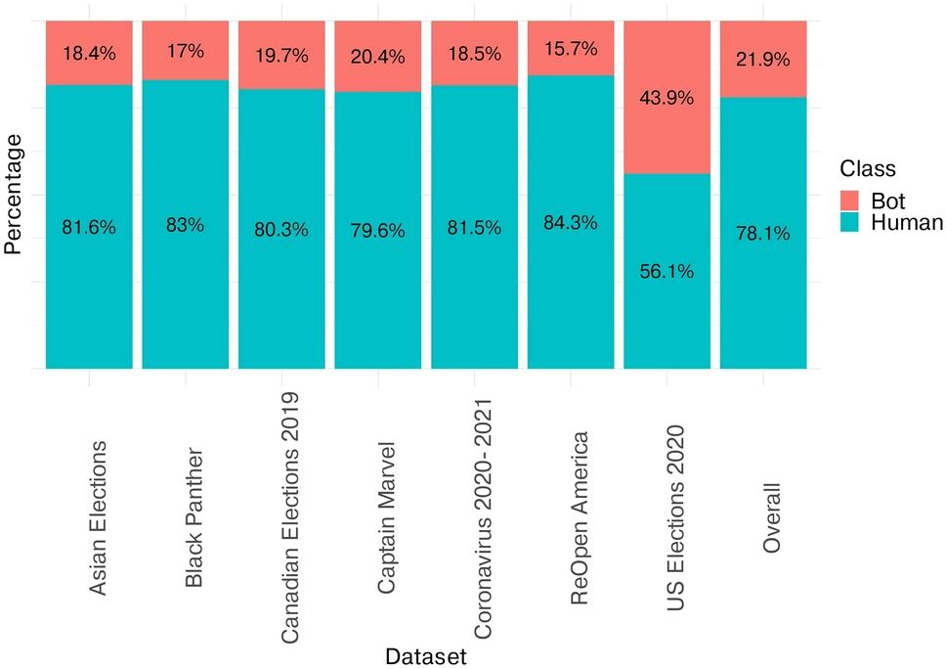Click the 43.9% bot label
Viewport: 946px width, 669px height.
[x=667, y=98]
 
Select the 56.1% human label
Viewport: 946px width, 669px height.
[x=667, y=272]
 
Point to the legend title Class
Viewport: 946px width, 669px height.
[x=870, y=168]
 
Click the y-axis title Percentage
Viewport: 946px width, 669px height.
[x=14, y=195]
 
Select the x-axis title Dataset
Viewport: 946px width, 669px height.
[x=424, y=654]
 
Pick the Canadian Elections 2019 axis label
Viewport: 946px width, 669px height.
[x=289, y=517]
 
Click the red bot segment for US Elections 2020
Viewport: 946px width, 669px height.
[x=667, y=137]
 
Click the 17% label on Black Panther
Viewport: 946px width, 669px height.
[x=186, y=51]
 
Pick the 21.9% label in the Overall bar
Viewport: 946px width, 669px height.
[x=763, y=60]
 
